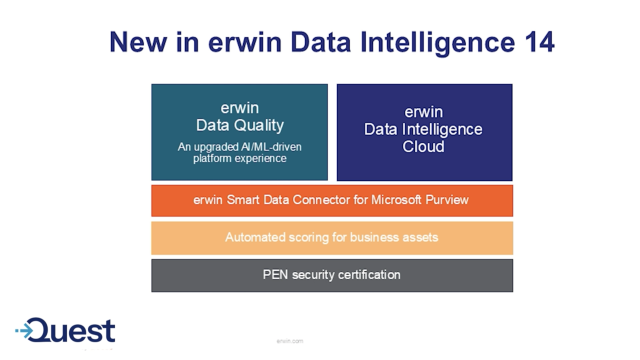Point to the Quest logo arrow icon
point(30,330)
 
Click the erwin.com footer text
point(290,341)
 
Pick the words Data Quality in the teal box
point(240,126)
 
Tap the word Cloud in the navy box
point(424,146)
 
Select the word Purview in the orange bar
point(444,200)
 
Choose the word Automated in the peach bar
point(256,238)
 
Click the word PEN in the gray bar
point(276,275)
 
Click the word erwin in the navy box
point(424,112)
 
